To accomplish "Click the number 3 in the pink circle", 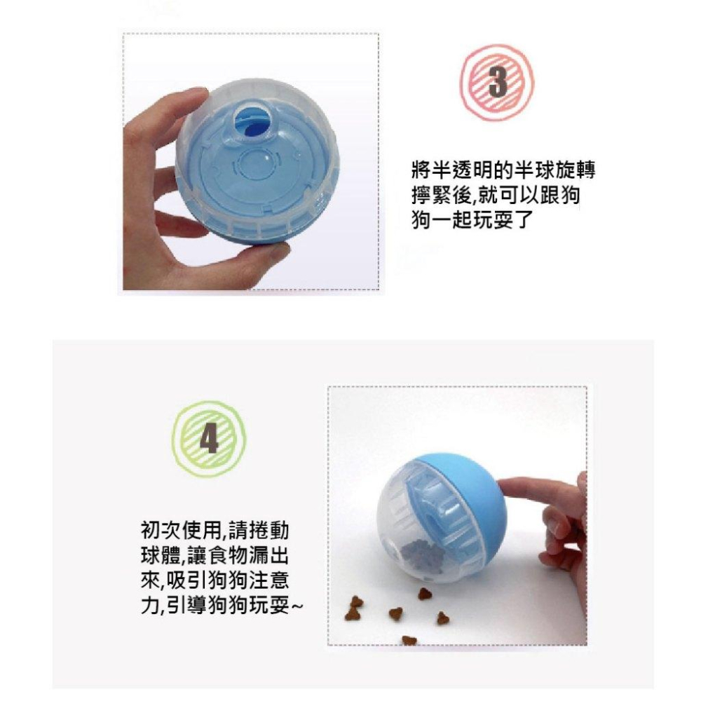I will (x=496, y=81).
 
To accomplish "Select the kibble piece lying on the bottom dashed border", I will (x=409, y=640).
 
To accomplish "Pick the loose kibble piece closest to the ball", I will (x=425, y=594).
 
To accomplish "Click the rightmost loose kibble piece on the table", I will (x=443, y=618).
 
